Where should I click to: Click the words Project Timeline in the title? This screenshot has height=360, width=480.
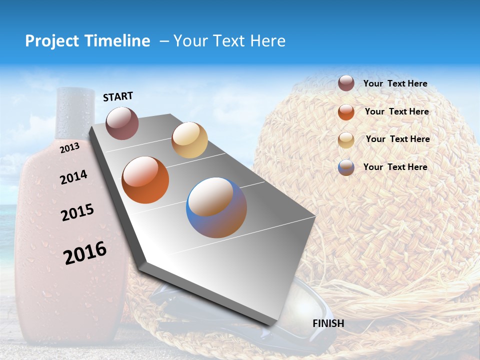tap(87, 41)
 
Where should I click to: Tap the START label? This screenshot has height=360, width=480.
tap(118, 96)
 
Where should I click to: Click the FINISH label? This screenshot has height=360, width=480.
tap(328, 323)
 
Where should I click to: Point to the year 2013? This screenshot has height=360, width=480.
tap(69, 148)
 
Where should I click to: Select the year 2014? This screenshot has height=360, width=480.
tap(73, 177)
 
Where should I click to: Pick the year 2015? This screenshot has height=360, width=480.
tap(77, 212)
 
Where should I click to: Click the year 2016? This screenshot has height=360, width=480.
tap(85, 252)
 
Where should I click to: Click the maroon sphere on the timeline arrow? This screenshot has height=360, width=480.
tap(122, 123)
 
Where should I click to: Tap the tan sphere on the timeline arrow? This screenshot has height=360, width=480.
tap(189, 140)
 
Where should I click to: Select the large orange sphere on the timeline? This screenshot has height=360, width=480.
tap(145, 180)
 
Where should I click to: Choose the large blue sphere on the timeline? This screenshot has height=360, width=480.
tap(216, 207)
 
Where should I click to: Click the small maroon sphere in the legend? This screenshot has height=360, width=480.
tap(346, 83)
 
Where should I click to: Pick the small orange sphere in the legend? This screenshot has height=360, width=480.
tap(346, 112)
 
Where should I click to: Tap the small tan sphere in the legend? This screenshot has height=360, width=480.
tap(346, 140)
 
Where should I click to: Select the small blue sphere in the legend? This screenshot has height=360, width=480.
tap(346, 167)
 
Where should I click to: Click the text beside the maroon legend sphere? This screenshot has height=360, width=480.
tap(395, 84)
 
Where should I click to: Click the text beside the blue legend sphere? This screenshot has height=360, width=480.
tap(395, 167)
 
